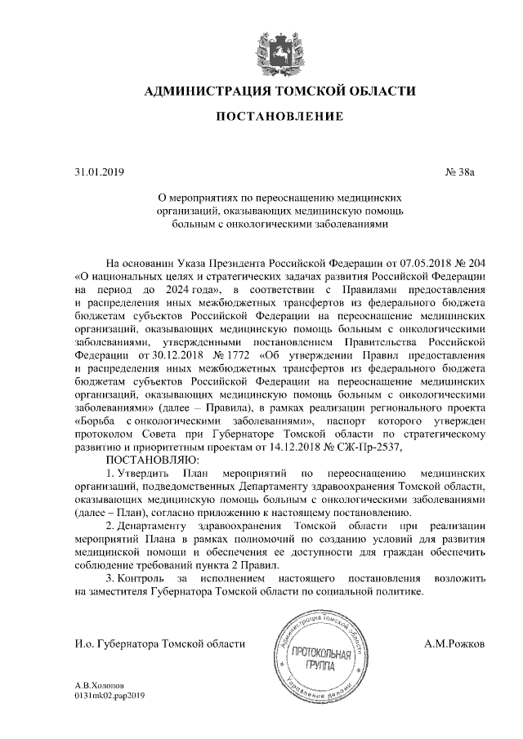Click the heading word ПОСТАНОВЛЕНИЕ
tap(268, 119)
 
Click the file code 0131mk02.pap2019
tap(109, 696)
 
